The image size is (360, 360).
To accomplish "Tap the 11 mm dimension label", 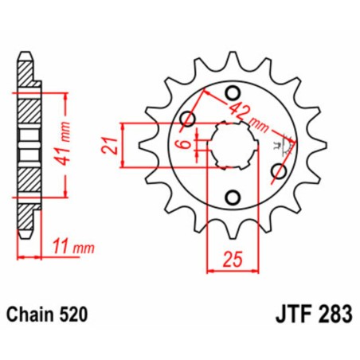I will pyautogui.click(x=67, y=248).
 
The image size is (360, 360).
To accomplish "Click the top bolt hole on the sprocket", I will pyautogui.click(x=233, y=91).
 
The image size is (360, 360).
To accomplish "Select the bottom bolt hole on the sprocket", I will pyautogui.click(x=233, y=197).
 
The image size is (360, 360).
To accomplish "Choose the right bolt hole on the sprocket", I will pyautogui.click(x=279, y=169).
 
